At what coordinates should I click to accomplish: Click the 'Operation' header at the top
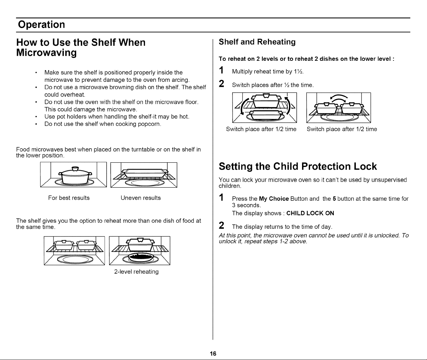(x=41, y=24)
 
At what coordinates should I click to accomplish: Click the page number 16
(x=213, y=353)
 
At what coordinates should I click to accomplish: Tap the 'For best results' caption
(x=69, y=198)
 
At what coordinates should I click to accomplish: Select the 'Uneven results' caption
(x=141, y=198)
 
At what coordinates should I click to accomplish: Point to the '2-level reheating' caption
(x=136, y=272)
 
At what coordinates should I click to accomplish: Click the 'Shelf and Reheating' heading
(x=257, y=42)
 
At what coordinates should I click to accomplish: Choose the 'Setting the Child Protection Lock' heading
(x=298, y=166)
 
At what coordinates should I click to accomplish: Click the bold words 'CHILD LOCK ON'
(x=310, y=213)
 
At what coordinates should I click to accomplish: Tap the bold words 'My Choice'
(x=274, y=199)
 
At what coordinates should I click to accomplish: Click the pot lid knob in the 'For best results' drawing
(x=75, y=169)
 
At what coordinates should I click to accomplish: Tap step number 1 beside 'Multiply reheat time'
(x=221, y=70)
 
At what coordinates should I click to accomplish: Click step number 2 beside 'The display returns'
(x=221, y=225)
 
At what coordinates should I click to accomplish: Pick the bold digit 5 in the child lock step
(x=334, y=199)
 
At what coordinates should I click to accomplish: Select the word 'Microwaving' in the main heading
(x=46, y=53)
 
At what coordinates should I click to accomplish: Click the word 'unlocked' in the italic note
(x=387, y=235)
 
